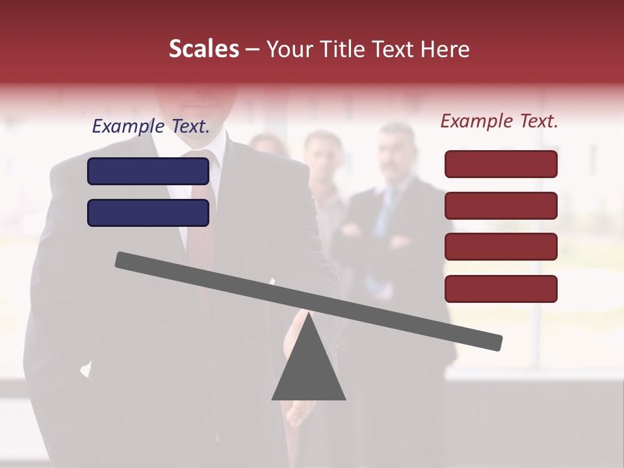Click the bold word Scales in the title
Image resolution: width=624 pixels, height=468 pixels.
(x=204, y=49)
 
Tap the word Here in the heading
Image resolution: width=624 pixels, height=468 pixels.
(x=443, y=49)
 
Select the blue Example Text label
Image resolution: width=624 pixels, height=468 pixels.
(x=151, y=126)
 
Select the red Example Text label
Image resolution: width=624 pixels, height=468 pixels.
(x=499, y=121)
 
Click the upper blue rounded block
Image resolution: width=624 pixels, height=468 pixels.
(x=148, y=171)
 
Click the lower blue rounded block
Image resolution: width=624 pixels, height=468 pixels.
(x=148, y=213)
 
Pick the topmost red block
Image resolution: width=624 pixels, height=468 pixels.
(x=501, y=164)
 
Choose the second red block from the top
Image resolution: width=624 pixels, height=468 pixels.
(x=501, y=205)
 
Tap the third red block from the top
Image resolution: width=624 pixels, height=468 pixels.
(x=501, y=246)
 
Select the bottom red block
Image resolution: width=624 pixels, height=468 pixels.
(x=501, y=289)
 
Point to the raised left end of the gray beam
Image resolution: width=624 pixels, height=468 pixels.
(x=123, y=260)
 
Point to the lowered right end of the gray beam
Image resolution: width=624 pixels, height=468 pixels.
(x=494, y=342)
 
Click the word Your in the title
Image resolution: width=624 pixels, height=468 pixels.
(x=289, y=49)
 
